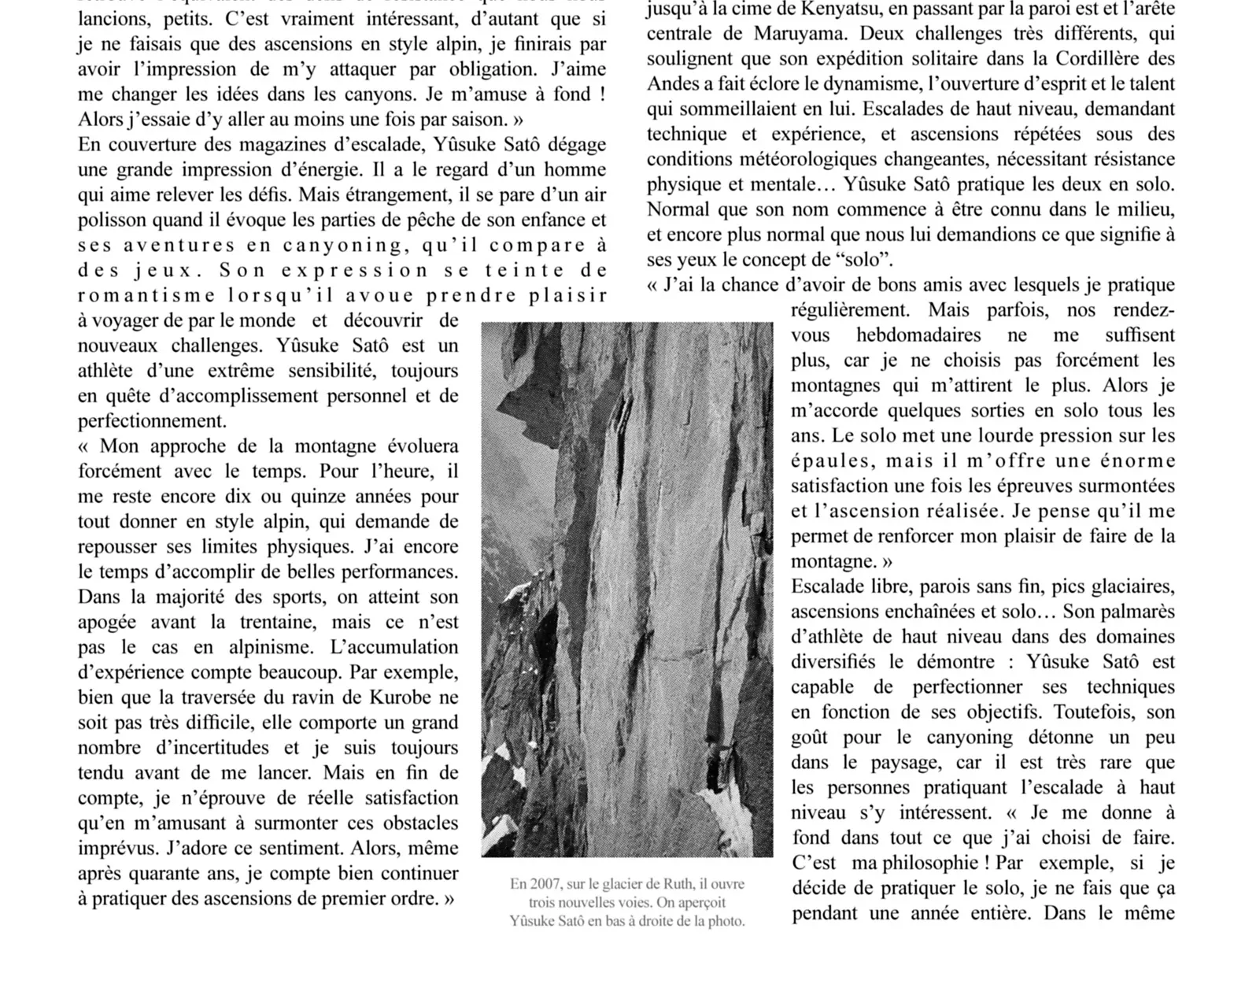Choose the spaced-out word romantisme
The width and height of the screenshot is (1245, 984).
click(146, 296)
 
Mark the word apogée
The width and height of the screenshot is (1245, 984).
click(107, 622)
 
